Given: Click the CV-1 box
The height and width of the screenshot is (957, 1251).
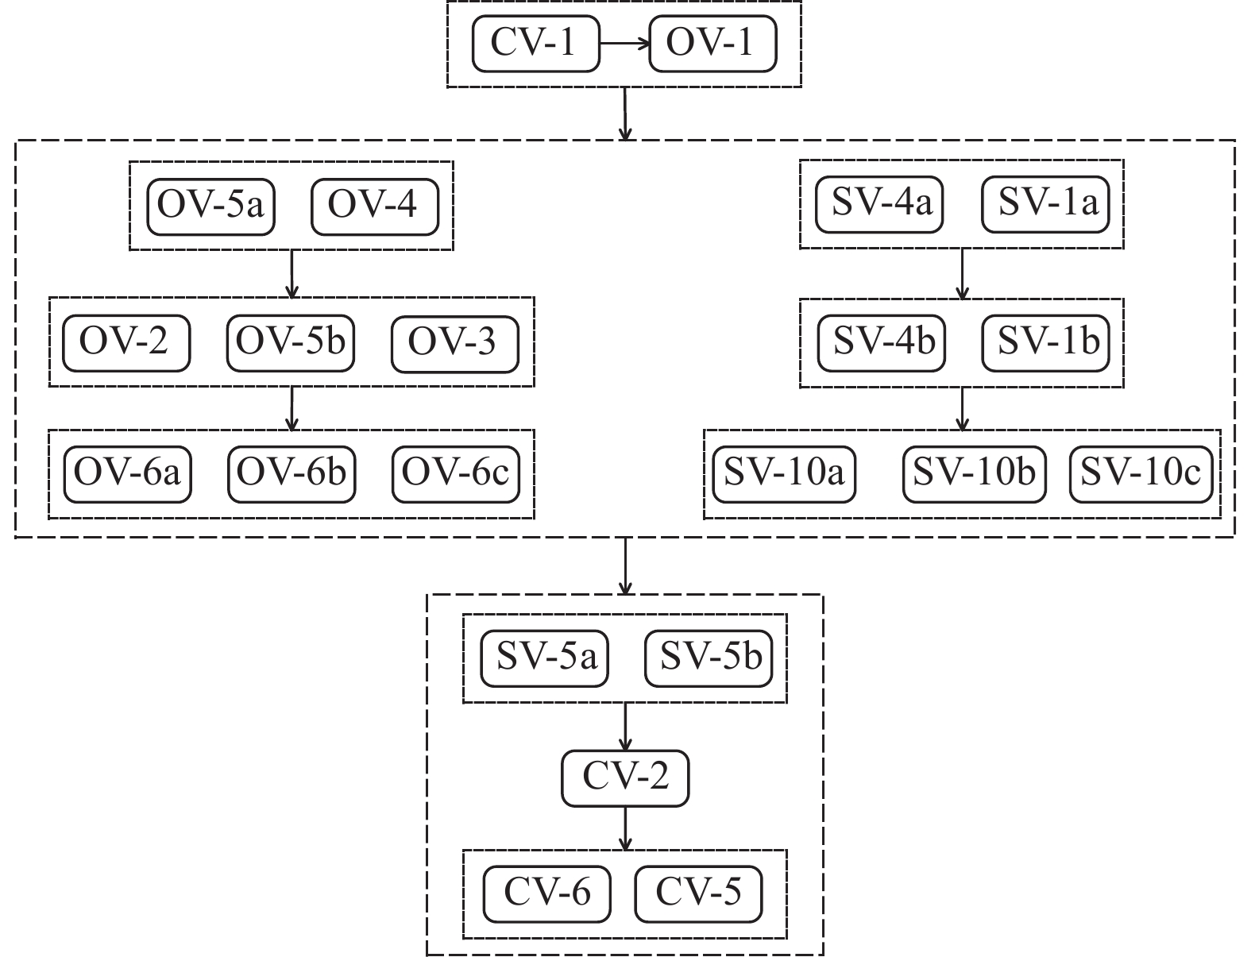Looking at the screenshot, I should pos(535,43).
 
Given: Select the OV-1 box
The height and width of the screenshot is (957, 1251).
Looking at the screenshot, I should pos(712,43).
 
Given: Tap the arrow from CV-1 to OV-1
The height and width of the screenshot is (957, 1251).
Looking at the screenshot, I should pos(624,44).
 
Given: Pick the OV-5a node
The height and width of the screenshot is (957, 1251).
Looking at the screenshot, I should pos(211,206).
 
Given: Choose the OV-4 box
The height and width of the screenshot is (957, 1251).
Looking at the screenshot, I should pos(374,206).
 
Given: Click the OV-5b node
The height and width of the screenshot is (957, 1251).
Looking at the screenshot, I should pos(291,342).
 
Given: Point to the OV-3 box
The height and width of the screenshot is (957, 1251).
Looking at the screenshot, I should pos(454,342).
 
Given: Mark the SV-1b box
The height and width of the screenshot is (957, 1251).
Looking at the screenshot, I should pos(1046,342).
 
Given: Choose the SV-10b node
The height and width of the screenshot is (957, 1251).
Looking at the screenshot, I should pos(975,473).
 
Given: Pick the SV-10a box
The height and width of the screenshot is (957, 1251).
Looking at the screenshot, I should pos(784,473).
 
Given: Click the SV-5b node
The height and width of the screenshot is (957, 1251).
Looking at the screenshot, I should pos(709,658).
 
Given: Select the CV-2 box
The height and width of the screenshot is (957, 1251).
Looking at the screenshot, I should pos(625,778).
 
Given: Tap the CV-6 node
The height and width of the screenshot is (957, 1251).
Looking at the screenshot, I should pos(548,893).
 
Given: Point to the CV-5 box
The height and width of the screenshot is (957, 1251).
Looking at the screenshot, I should pos(698,893).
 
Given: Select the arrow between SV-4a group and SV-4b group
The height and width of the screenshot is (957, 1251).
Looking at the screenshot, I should pos(963,274).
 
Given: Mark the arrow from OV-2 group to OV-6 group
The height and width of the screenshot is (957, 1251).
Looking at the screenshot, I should pos(292,408).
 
